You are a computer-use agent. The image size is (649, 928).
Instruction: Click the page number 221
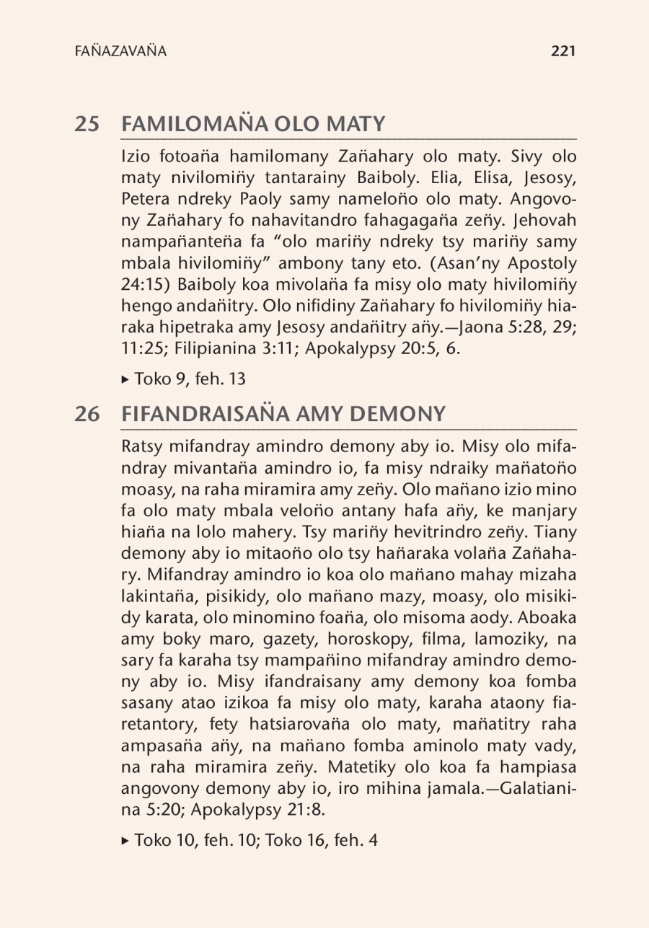(562, 51)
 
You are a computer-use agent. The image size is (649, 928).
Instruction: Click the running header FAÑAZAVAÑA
(120, 51)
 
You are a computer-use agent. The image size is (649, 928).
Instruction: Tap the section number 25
(87, 124)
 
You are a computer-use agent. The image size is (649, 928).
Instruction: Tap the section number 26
(87, 415)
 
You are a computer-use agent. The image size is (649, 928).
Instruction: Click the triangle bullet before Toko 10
(127, 841)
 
